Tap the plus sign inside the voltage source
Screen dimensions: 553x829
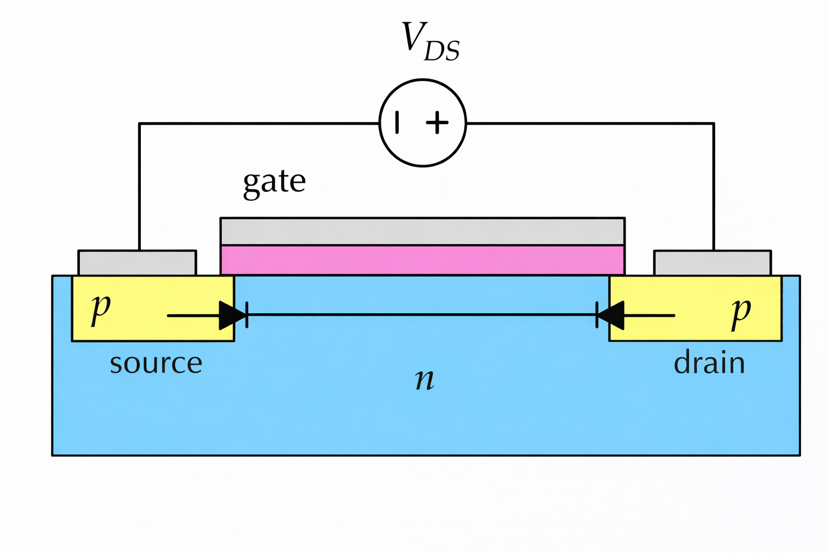coord(437,123)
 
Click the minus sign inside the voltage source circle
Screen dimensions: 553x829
coord(398,122)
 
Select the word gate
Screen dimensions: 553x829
coord(274,182)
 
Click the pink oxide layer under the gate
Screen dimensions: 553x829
coord(423,260)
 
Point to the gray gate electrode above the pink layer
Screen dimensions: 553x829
coord(423,232)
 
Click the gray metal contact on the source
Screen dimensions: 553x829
coord(137,263)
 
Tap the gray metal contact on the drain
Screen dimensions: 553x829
coord(712,263)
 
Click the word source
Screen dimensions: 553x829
coord(156,363)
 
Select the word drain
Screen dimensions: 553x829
coord(709,363)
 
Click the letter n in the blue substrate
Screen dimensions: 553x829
coord(425,379)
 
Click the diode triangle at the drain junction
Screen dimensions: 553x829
coord(611,315)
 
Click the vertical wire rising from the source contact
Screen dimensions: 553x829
coord(139,189)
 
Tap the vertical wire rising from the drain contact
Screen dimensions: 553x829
coord(714,189)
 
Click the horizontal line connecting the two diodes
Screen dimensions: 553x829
coord(421,314)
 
